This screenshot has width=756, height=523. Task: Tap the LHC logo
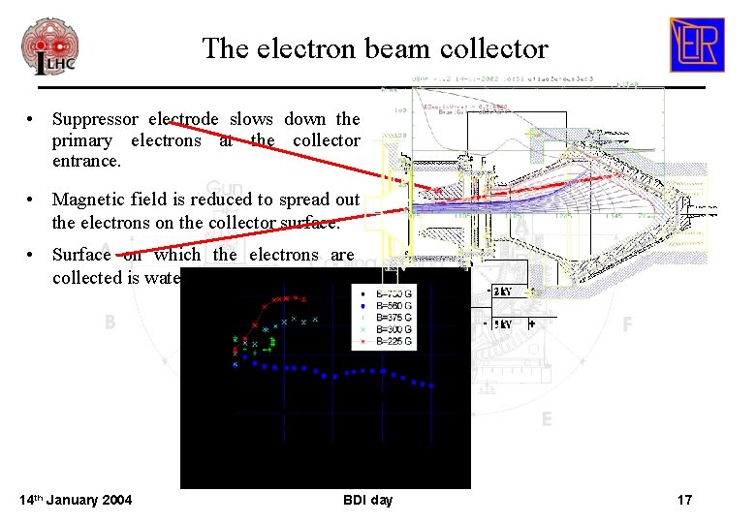pyautogui.click(x=49, y=46)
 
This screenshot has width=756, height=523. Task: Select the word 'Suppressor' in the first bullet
pyautogui.click(x=96, y=119)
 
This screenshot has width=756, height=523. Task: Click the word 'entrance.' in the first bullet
pyautogui.click(x=86, y=160)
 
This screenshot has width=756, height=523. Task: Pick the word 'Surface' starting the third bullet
pyautogui.click(x=82, y=255)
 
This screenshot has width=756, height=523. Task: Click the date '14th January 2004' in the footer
pyautogui.click(x=76, y=500)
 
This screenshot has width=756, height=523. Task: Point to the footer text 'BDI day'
pyautogui.click(x=368, y=500)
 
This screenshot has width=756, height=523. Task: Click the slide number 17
pyautogui.click(x=684, y=500)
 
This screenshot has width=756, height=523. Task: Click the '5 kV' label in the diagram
pyautogui.click(x=503, y=323)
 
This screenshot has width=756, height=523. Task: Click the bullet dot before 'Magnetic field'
pyautogui.click(x=32, y=199)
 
